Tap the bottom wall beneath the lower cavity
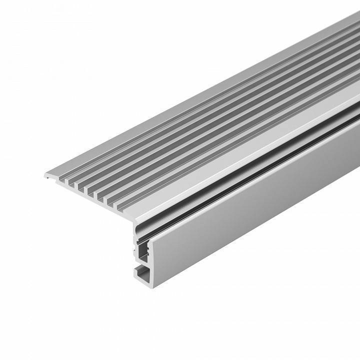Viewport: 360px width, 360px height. tap(144, 280)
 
